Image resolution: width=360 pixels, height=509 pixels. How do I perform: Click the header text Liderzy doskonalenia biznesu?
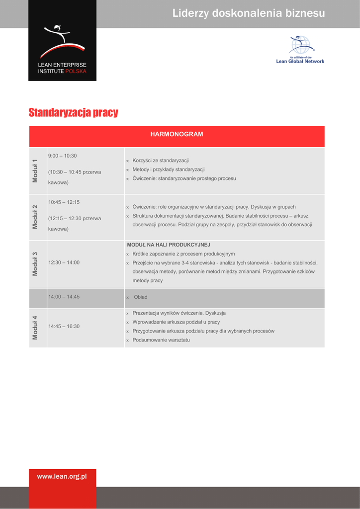[x=249, y=13]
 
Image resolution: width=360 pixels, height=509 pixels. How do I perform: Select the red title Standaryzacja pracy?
[x=73, y=113]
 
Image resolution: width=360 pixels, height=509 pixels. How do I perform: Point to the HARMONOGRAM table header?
[x=177, y=135]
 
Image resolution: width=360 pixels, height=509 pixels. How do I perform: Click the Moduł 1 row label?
[x=35, y=170]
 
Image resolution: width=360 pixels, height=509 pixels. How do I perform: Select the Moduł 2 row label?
[x=35, y=217]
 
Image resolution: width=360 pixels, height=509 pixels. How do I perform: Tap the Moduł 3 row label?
[x=35, y=264]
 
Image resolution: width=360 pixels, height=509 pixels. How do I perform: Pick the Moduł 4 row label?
[x=35, y=328]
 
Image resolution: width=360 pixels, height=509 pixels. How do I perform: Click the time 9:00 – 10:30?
[x=62, y=156]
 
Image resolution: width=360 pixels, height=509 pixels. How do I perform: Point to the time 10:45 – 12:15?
[x=64, y=202]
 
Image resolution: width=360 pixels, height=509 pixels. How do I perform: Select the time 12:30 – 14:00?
[x=64, y=262]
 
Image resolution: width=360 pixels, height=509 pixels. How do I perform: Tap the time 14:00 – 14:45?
[x=64, y=297]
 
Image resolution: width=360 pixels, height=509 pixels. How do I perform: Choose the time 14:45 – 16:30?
[x=64, y=327]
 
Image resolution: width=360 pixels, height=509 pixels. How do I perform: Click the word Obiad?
[x=141, y=297]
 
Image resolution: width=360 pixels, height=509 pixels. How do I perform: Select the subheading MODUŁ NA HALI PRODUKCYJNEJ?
[x=169, y=245]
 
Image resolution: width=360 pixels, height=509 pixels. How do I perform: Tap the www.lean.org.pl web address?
[x=62, y=477]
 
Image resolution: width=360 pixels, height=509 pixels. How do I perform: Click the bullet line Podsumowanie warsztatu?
[x=161, y=340]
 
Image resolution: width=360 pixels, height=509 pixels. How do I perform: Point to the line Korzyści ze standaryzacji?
[x=161, y=161]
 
